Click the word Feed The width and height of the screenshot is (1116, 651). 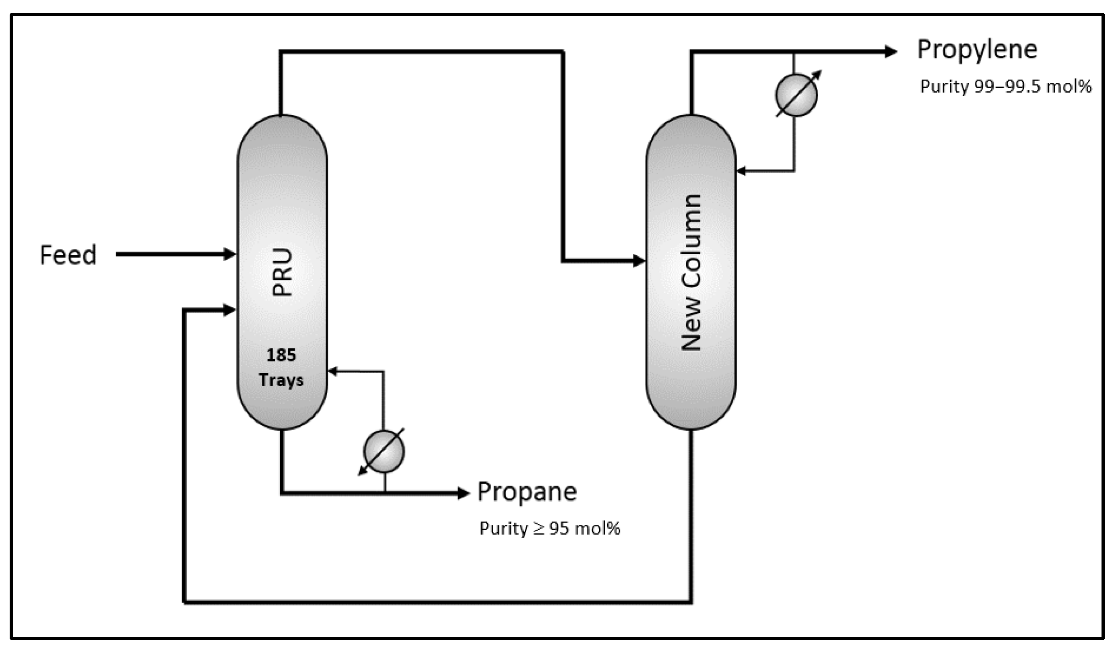(68, 255)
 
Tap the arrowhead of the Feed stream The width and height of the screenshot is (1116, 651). (230, 254)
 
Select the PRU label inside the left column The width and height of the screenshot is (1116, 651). (282, 272)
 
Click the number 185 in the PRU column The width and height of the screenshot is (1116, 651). (281, 355)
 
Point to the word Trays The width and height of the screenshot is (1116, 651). (281, 380)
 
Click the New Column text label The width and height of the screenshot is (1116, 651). (691, 272)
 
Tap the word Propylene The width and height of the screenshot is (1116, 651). (977, 49)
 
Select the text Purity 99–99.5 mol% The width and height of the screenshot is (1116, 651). (1006, 87)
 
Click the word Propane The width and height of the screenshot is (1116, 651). (527, 492)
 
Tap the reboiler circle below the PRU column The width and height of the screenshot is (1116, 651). (384, 452)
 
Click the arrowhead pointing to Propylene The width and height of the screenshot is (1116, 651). (891, 52)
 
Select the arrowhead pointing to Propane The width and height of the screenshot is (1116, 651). (463, 493)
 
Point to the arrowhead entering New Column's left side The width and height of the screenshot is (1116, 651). (639, 261)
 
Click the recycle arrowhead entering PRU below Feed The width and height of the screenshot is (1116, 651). (229, 310)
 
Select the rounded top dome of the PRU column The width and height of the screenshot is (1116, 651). (282, 133)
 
